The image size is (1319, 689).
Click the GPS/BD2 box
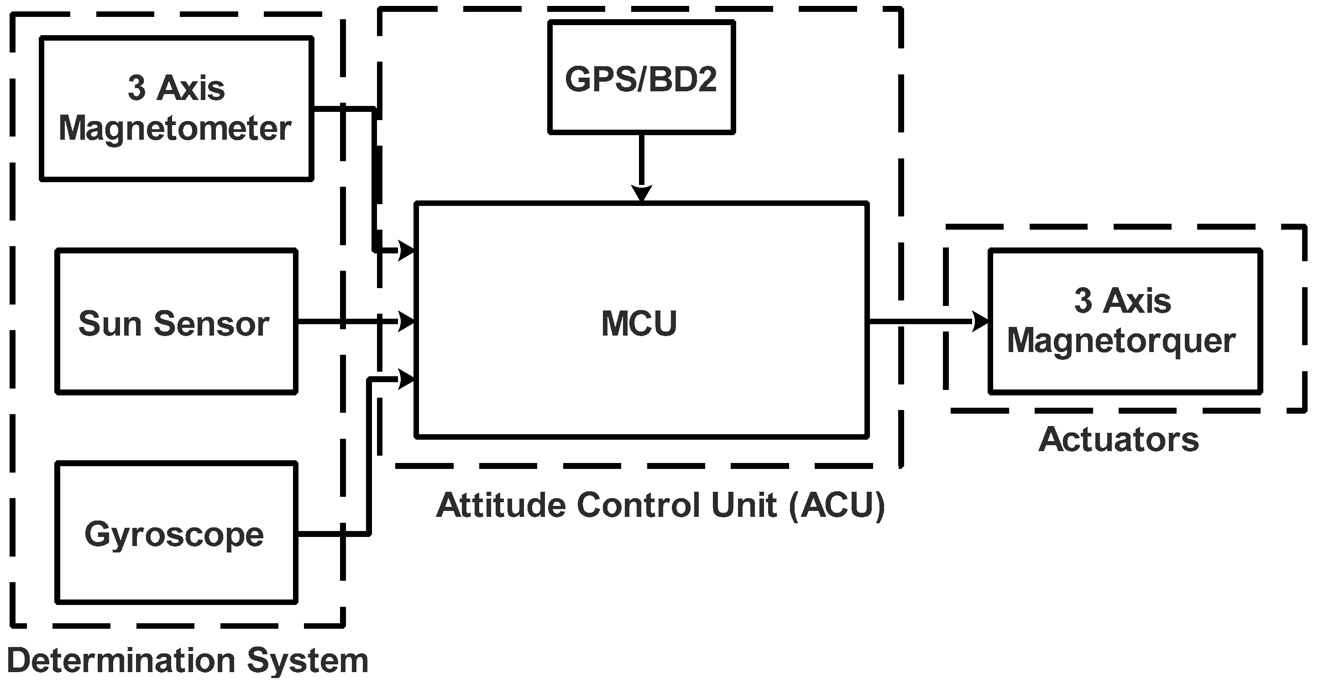click(641, 77)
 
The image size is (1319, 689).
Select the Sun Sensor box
click(176, 322)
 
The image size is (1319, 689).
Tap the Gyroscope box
click(176, 533)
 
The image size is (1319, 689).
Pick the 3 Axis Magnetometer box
click(176, 108)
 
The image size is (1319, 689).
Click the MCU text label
click(639, 324)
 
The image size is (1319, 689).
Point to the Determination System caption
click(188, 660)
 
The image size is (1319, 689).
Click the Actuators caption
click(1119, 440)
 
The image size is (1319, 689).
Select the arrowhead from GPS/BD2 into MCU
click(641, 193)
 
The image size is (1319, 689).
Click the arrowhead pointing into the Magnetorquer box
click(980, 322)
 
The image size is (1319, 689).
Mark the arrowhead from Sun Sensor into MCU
click(407, 322)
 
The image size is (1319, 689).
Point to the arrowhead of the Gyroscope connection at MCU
click(407, 379)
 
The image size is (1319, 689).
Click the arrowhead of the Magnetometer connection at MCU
click(407, 251)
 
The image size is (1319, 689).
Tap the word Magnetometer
click(175, 128)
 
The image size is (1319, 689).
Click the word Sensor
click(211, 324)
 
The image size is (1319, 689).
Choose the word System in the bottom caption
click(308, 660)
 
